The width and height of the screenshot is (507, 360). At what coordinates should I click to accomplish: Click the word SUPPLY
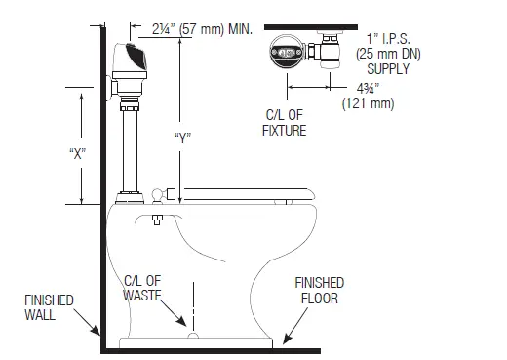pos(386,70)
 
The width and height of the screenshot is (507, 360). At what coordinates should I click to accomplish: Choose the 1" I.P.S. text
pos(387,38)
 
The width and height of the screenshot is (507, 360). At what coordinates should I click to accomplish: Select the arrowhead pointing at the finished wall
pos(96,331)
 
